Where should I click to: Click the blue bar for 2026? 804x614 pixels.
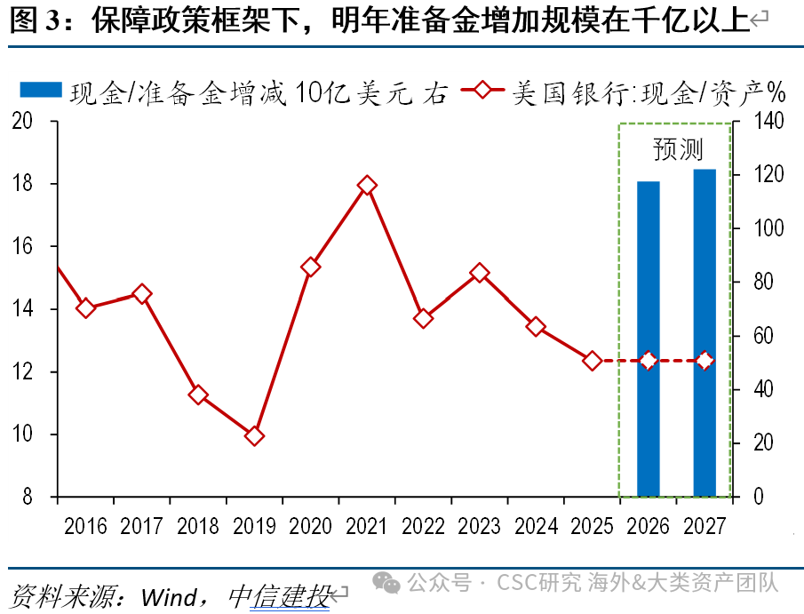[x=649, y=338]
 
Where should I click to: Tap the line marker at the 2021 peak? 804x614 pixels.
[x=367, y=186]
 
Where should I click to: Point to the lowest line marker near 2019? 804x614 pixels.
[x=254, y=435]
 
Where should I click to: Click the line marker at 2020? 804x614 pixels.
[x=311, y=267]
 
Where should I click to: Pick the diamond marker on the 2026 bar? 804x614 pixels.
[x=649, y=361]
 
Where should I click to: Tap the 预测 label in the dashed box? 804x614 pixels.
[x=677, y=149]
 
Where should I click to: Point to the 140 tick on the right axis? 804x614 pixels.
[x=769, y=122]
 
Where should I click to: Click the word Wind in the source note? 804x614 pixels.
[x=168, y=595]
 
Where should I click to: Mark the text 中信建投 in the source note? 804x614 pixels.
[x=278, y=595]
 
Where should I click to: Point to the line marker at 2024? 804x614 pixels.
[x=536, y=326]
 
